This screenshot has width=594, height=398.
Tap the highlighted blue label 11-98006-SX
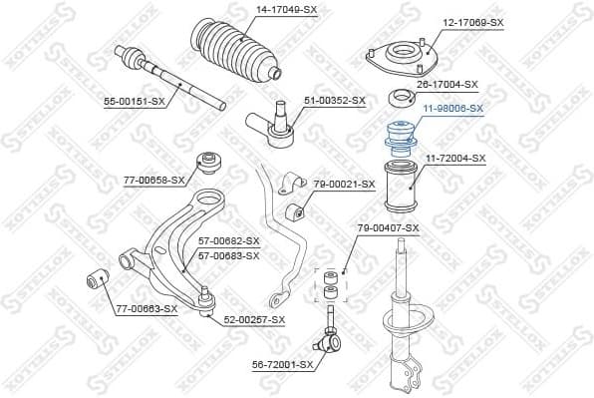450,108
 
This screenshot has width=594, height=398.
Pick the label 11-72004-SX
455,159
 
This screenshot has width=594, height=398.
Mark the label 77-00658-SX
154,181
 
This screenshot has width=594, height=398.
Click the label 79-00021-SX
344,184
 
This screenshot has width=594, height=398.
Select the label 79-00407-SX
389,228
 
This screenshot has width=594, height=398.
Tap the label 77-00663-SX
146,309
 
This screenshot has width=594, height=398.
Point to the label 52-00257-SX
254,319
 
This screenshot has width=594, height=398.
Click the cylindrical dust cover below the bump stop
401,186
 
